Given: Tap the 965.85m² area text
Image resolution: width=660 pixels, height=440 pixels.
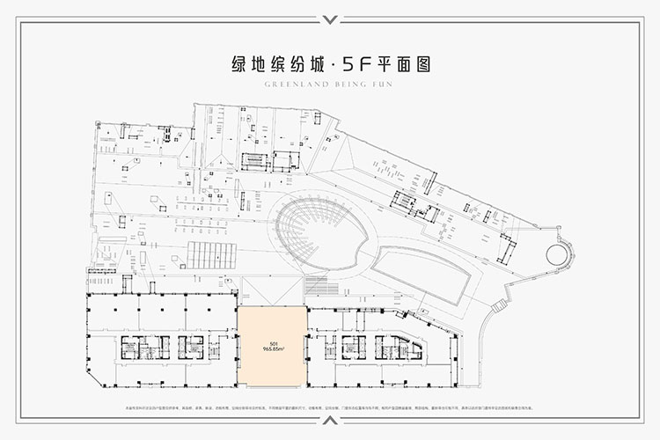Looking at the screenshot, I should (x=272, y=348).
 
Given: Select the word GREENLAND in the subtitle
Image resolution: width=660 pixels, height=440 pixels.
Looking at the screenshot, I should (x=268, y=86).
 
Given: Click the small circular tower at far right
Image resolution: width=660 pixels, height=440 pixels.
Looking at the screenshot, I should (x=559, y=255).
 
